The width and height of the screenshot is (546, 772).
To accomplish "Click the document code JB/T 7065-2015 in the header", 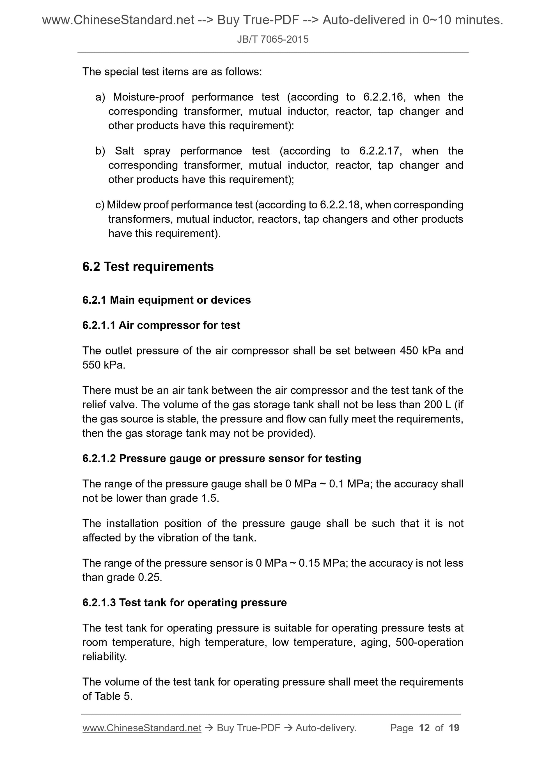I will tap(272, 39).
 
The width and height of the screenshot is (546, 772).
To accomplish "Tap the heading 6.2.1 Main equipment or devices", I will tap(167, 300).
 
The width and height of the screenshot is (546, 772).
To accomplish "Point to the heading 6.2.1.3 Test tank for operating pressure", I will tap(184, 603).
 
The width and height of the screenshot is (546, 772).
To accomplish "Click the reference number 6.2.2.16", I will tap(383, 97).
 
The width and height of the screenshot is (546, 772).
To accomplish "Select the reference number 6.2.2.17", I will tap(379, 151).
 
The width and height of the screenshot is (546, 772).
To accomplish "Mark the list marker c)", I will tap(100, 205).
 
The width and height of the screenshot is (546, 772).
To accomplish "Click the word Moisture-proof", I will tap(148, 97).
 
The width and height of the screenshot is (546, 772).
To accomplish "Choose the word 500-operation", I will tap(429, 642).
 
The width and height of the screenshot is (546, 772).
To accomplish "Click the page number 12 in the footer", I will tap(424, 728).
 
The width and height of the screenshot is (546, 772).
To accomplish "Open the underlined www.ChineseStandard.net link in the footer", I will tap(142, 728).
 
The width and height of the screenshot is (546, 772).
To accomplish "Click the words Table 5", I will tap(112, 696).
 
